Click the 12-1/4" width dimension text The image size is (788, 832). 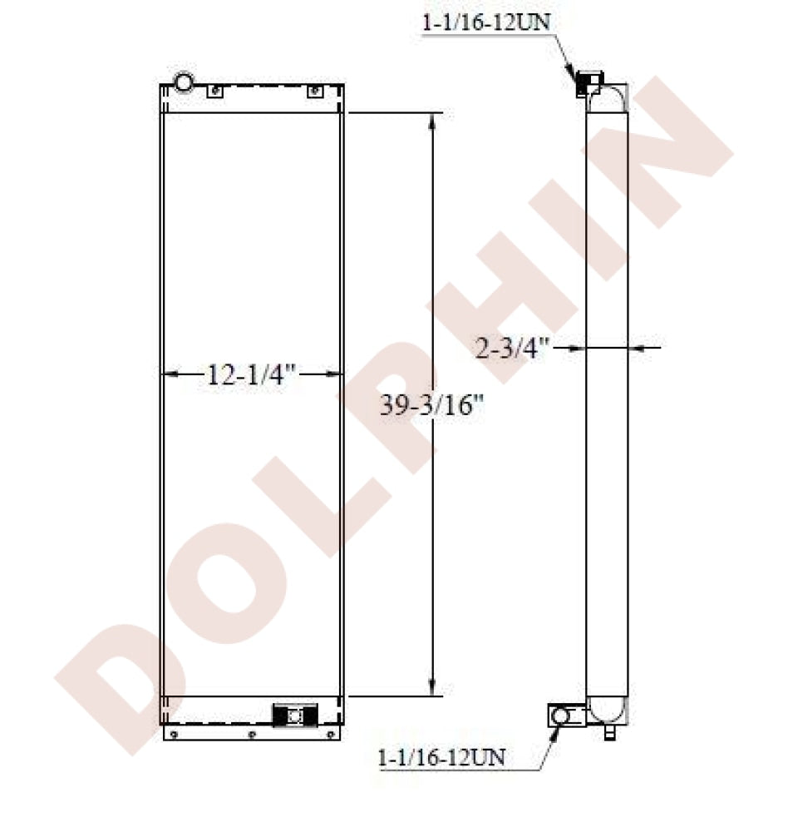tap(250, 374)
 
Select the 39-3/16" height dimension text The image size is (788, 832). tap(431, 406)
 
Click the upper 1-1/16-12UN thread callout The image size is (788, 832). tap(485, 22)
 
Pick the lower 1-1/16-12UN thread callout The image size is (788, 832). tap(441, 757)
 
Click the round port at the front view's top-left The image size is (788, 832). tap(184, 82)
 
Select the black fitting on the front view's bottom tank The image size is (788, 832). tap(295, 716)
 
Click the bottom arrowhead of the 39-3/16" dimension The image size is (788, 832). tap(432, 688)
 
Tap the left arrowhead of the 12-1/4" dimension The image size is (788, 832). tap(170, 374)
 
